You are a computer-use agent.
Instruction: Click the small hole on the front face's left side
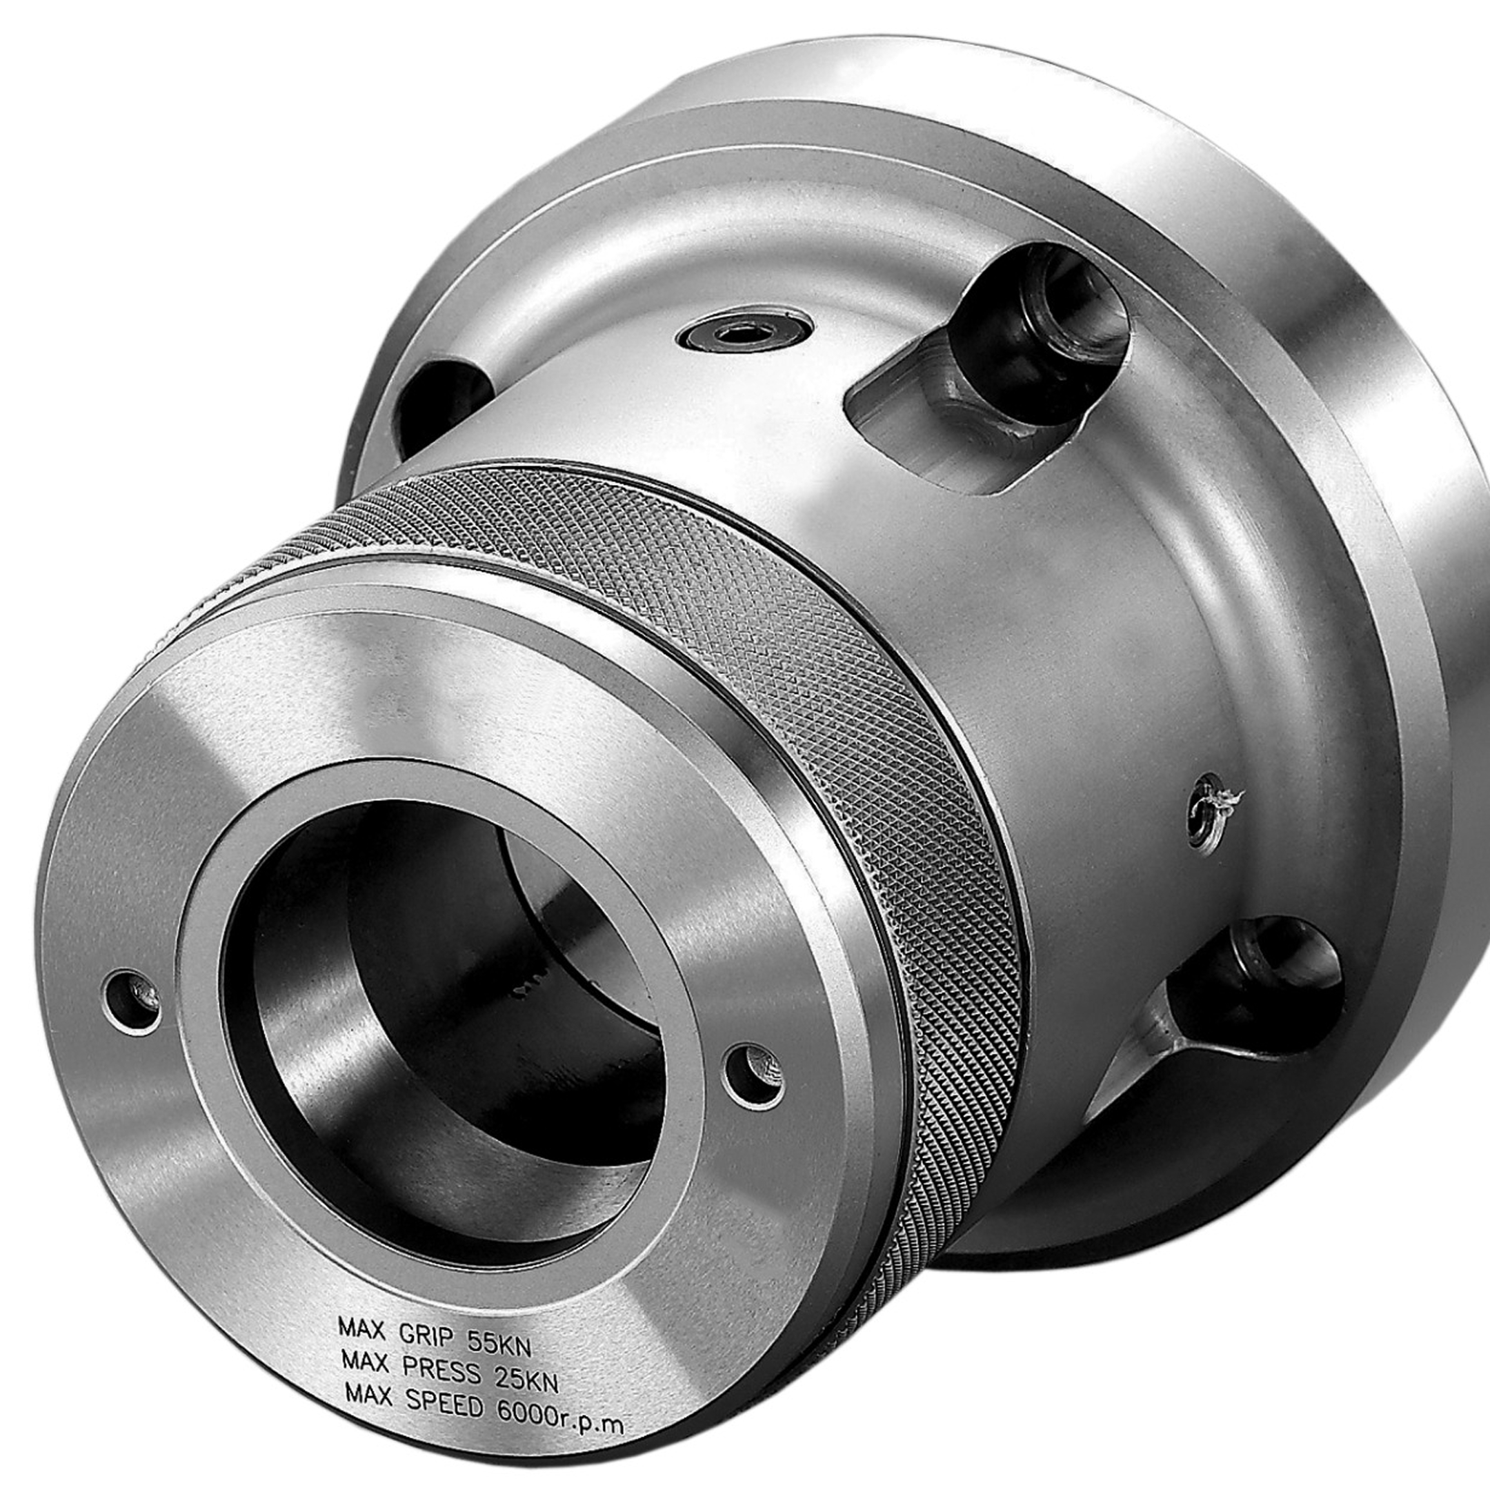(132, 1001)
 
